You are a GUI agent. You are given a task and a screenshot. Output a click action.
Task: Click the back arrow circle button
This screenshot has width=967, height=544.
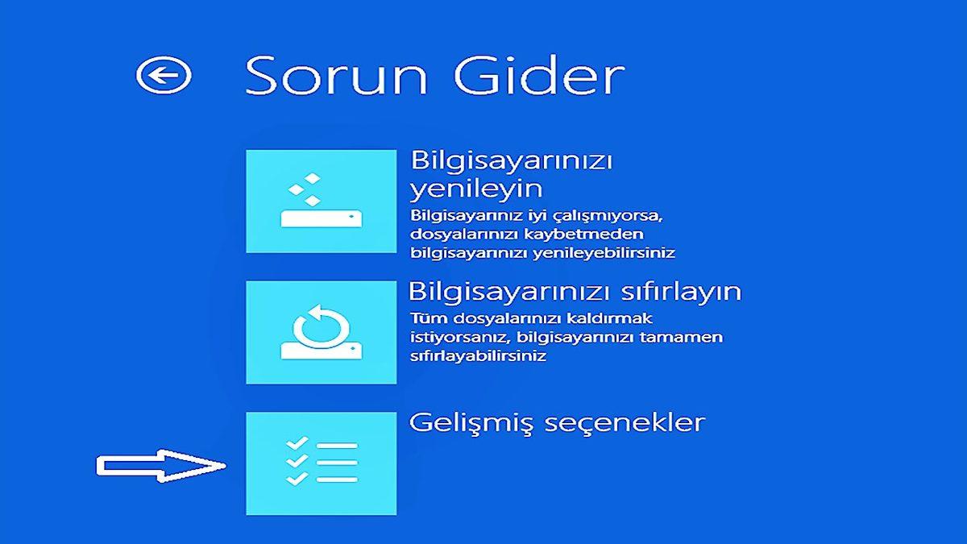tap(164, 76)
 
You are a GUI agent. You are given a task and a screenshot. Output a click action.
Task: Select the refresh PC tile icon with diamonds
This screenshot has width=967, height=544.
tap(321, 201)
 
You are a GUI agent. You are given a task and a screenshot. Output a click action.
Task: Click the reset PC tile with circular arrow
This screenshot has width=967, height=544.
tap(321, 332)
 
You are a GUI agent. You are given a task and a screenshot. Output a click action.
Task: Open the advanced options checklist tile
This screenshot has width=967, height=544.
tap(321, 463)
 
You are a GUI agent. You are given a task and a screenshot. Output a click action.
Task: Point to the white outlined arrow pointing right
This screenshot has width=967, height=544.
tap(161, 466)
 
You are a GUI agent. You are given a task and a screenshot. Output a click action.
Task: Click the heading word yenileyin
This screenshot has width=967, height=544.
tap(476, 190)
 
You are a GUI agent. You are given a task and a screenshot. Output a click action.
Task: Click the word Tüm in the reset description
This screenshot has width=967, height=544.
tap(424, 318)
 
